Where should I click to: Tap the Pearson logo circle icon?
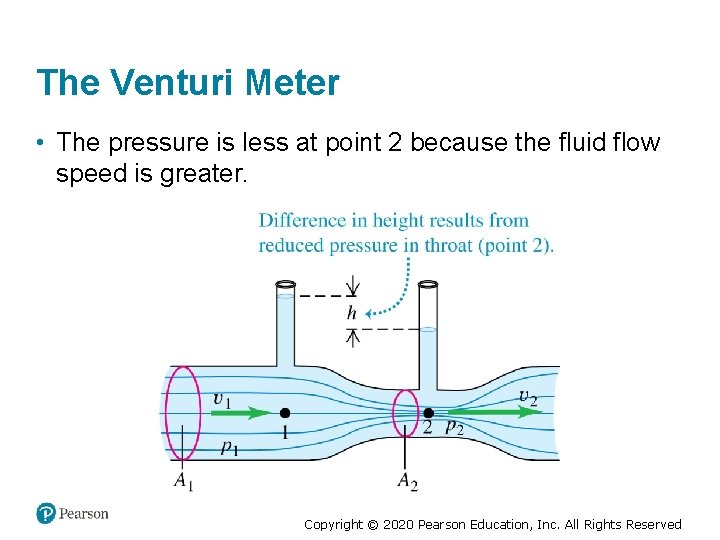[46, 513]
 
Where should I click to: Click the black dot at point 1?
[285, 412]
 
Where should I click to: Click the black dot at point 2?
[428, 412]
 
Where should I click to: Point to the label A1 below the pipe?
[184, 481]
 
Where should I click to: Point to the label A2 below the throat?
[407, 481]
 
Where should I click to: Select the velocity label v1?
[222, 398]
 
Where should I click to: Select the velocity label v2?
[528, 397]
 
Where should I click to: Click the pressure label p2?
[454, 427]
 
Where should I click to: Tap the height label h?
[351, 313]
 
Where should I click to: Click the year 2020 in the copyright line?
[396, 524]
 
